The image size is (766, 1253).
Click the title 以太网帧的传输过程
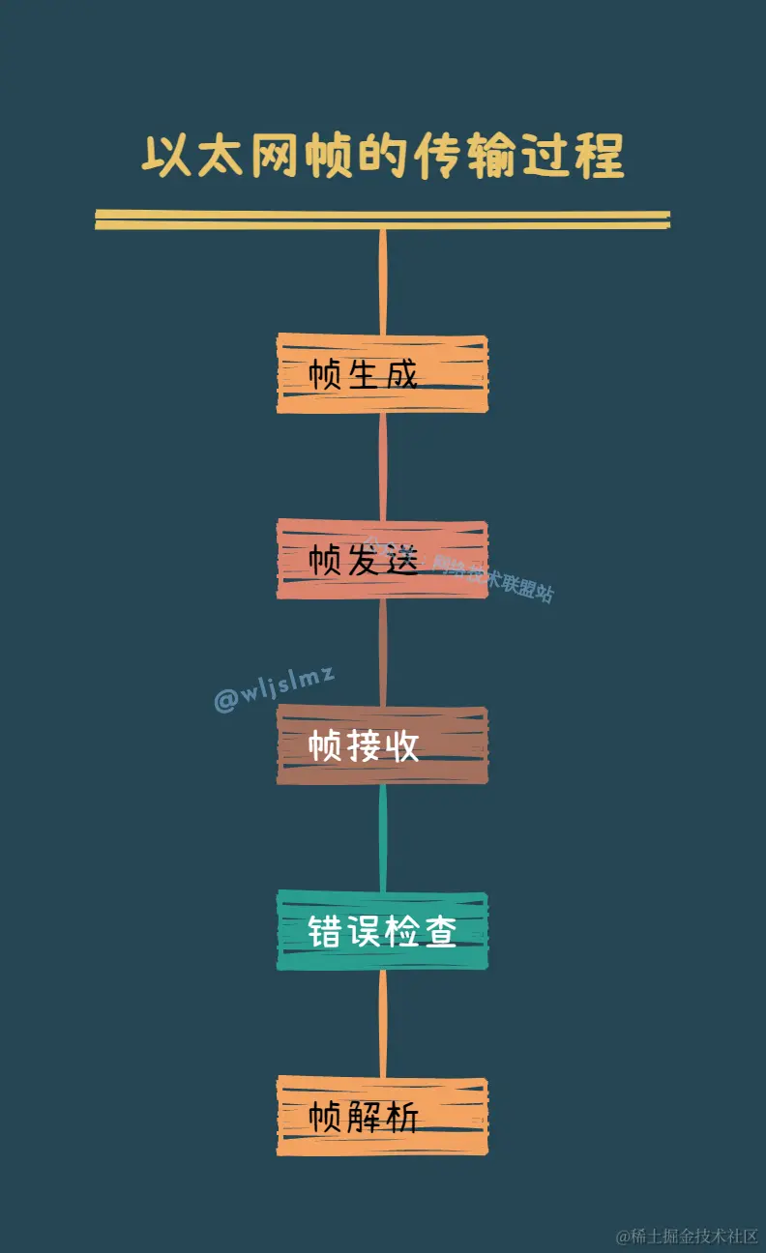[383, 157]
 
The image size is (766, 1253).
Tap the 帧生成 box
[382, 374]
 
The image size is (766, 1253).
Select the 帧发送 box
[382, 559]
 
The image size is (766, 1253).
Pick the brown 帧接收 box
[382, 745]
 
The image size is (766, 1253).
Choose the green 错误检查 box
[382, 931]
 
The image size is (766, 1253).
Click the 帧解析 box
[382, 1117]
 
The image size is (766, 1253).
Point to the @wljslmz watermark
[274, 688]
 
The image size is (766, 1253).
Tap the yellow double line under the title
[383, 220]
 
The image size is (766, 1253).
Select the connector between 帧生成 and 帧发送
[383, 465]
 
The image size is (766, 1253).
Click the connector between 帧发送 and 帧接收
[383, 652]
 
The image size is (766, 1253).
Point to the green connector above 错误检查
[383, 837]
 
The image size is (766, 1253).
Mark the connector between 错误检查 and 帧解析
[383, 1023]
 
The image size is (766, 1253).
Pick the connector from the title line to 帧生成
[383, 280]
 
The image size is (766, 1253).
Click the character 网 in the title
[275, 157]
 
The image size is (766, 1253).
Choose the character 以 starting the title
[165, 157]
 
